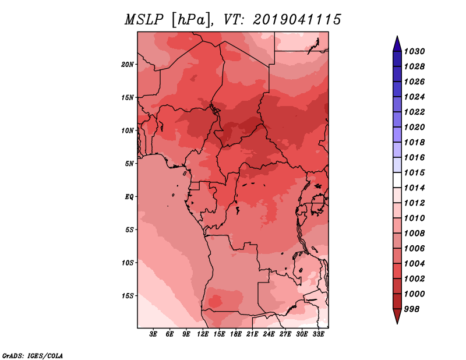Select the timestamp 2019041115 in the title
pyautogui.click(x=296, y=20)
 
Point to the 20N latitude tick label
pyautogui.click(x=128, y=64)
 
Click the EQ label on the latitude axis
pyautogui.click(x=129, y=197)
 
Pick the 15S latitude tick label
pyautogui.click(x=128, y=296)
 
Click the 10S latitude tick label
pyautogui.click(x=128, y=263)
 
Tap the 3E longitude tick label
pyautogui.click(x=154, y=334)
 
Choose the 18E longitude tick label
pyautogui.click(x=236, y=334)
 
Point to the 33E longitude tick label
pyautogui.click(x=318, y=334)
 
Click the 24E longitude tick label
pyautogui.click(x=269, y=334)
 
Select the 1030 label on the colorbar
pyautogui.click(x=416, y=51)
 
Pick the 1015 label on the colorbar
pyautogui.click(x=416, y=173)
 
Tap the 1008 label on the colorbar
pyautogui.click(x=416, y=233)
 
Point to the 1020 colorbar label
pyautogui.click(x=416, y=127)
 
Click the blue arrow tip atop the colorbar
pyautogui.click(x=397, y=42)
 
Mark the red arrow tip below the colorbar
pyautogui.click(x=397, y=318)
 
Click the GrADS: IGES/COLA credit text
pyautogui.click(x=32, y=355)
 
